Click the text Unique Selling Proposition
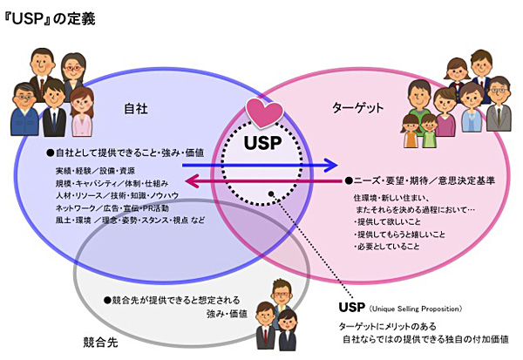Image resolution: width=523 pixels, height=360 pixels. (x=417, y=309)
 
